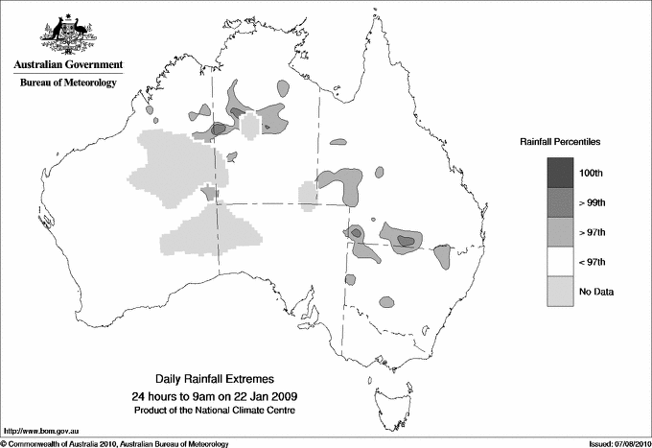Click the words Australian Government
[x=68, y=66]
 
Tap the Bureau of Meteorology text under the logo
[x=68, y=83]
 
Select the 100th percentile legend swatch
[x=562, y=173]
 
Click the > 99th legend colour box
[x=562, y=202]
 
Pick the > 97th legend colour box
[x=562, y=232]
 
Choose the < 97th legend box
[x=562, y=261]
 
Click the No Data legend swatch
[x=562, y=291]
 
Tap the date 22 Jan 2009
[x=252, y=396]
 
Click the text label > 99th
[x=596, y=202]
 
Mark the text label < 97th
[x=596, y=261]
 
